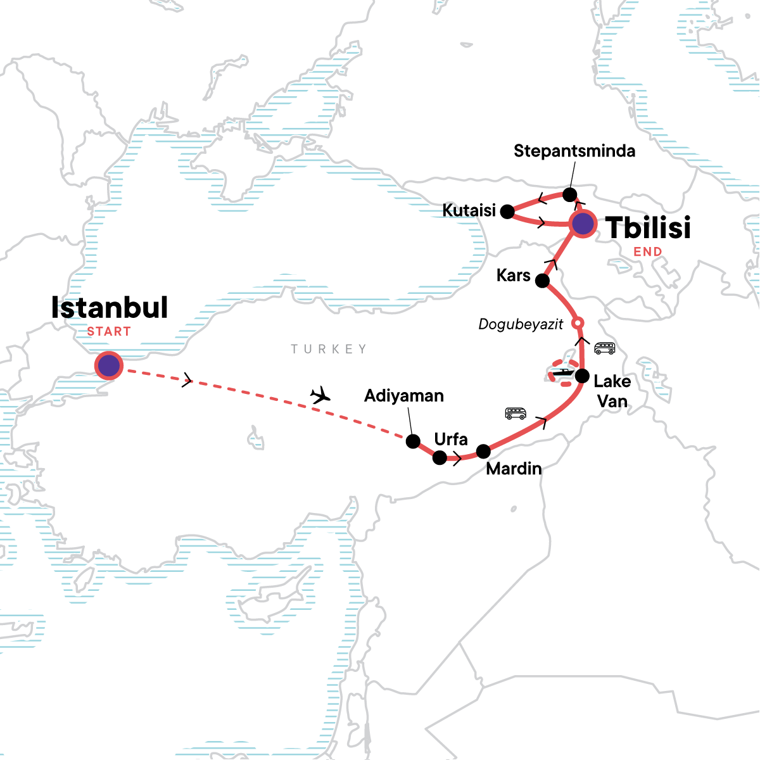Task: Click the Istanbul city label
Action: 110,308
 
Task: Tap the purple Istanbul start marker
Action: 108,365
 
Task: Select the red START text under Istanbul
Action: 109,331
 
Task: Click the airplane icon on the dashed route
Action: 321,396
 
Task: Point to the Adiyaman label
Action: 404,396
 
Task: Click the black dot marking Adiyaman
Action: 413,441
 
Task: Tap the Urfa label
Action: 451,439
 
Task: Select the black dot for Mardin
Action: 483,452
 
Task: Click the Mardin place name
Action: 514,469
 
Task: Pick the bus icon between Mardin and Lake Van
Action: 516,414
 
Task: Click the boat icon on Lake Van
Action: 562,374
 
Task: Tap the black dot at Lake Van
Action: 582,376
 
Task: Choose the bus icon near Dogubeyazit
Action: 604,348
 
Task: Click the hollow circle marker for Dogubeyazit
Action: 577,324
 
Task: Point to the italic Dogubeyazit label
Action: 521,324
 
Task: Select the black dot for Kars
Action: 543,281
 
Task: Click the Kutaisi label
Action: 469,210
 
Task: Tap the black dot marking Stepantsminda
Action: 569,194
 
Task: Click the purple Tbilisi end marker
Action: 583,224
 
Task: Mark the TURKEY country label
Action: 329,349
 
